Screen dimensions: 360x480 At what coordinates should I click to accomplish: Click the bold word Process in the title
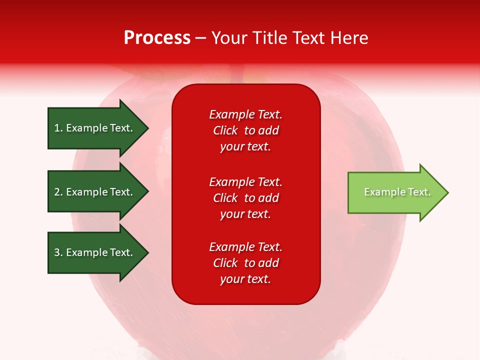pos(157,38)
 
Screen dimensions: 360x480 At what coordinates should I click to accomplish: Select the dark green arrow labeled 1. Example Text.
pos(95,128)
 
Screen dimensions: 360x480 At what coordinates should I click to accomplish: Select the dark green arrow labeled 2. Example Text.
pos(95,192)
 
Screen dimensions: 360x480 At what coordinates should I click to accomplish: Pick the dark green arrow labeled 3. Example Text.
pos(95,252)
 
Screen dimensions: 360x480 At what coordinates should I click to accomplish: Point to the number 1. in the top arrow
pos(58,128)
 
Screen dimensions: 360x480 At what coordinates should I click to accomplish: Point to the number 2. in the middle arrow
pos(58,192)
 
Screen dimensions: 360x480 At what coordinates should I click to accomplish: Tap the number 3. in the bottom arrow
pos(58,252)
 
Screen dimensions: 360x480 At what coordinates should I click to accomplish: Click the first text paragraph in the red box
pos(245,130)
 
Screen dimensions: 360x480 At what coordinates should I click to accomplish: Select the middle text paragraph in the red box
pos(245,198)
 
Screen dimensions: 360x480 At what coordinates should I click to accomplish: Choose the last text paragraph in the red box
pos(245,263)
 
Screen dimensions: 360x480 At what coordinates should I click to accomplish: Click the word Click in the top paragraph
pos(225,130)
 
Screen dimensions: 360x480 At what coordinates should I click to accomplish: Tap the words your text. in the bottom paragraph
pos(245,279)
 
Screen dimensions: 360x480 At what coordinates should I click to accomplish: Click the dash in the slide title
pos(200,38)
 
